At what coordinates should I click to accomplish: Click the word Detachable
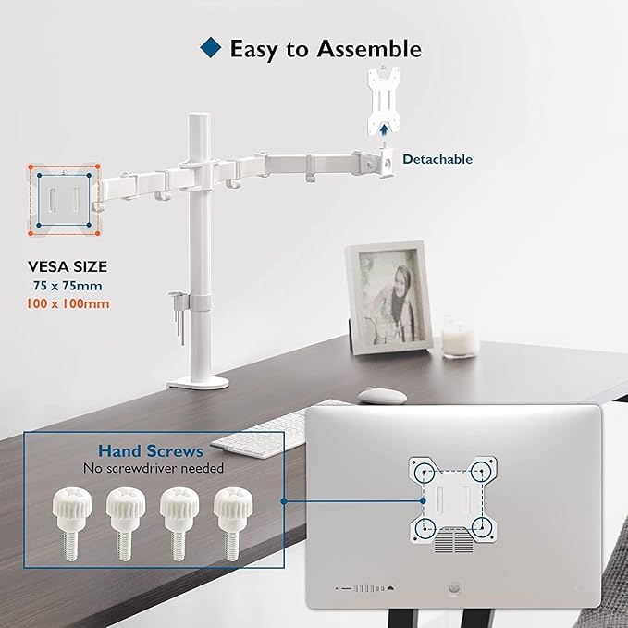pos(437,159)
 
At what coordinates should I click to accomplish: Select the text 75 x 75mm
pos(66,286)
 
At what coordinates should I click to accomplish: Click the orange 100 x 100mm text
pos(66,303)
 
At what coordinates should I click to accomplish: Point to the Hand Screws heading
pos(151,451)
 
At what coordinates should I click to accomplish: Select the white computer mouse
pos(381,395)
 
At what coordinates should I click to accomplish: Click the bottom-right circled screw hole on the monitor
pos(481,527)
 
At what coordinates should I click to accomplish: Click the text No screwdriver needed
pos(153,468)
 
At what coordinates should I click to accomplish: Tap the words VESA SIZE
pos(66,266)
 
